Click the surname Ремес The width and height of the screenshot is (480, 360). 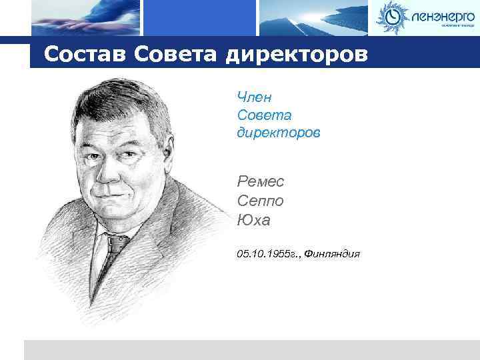coord(260,181)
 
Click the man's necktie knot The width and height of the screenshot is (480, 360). coord(116,242)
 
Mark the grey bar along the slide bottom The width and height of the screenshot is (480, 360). coord(251,349)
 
